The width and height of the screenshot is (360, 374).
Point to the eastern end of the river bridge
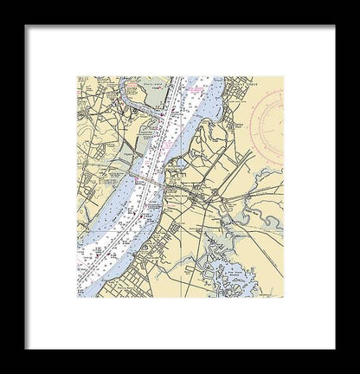point(164,183)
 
